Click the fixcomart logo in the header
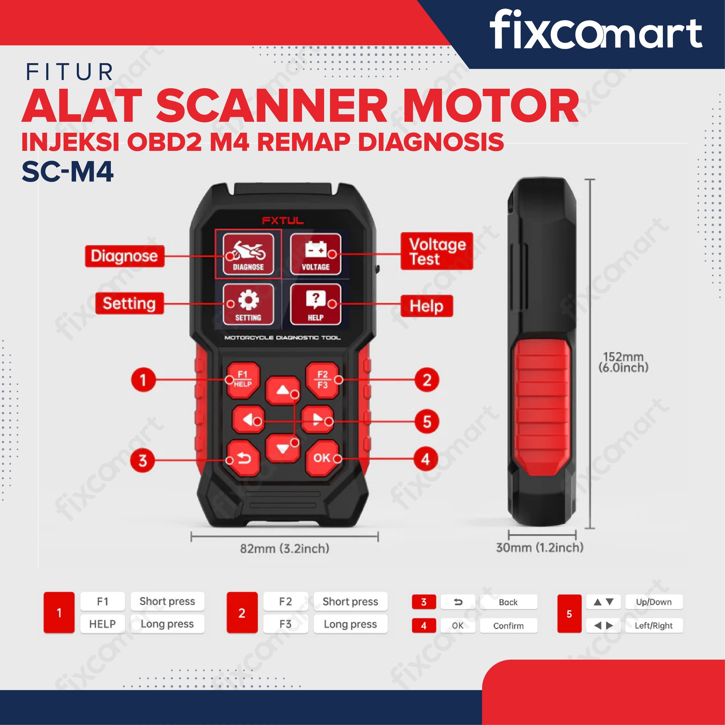pyautogui.click(x=596, y=30)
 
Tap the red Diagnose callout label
pyautogui.click(x=124, y=256)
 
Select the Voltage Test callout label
pyautogui.click(x=437, y=251)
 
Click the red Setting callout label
pyautogui.click(x=130, y=303)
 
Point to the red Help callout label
pyautogui.click(x=427, y=306)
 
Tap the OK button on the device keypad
pyautogui.click(x=322, y=458)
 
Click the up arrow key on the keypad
pyautogui.click(x=282, y=391)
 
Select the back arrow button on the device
pyautogui.click(x=243, y=458)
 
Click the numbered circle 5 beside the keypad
pyautogui.click(x=427, y=422)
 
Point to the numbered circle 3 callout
pyautogui.click(x=143, y=460)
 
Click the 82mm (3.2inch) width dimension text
pyautogui.click(x=284, y=549)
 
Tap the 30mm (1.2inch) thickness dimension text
pyautogui.click(x=539, y=548)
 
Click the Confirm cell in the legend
pyautogui.click(x=509, y=626)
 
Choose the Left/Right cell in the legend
pyautogui.click(x=654, y=626)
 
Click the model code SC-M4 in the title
pyautogui.click(x=67, y=172)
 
